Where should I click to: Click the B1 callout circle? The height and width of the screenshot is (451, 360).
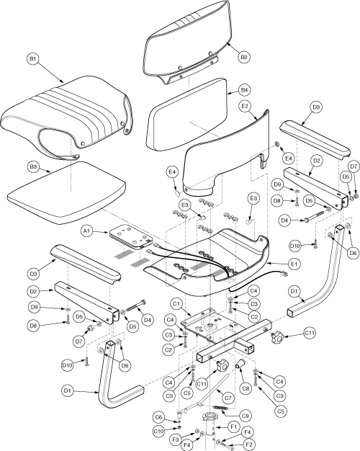(33, 59)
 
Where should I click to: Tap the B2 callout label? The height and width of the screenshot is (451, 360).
(244, 57)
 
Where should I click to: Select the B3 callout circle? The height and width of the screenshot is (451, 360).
(34, 167)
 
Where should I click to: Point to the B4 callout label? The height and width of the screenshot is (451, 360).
(244, 90)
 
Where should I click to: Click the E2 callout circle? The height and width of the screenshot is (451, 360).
(245, 106)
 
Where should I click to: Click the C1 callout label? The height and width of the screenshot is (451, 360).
(176, 304)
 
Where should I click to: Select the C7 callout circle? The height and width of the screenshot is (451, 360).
(228, 398)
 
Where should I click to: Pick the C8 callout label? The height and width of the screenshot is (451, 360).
(246, 388)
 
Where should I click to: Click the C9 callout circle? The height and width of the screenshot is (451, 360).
(246, 416)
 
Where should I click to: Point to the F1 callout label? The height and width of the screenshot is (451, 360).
(233, 427)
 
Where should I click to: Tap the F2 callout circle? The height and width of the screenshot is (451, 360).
(249, 445)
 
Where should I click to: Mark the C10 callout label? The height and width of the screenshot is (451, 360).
(158, 431)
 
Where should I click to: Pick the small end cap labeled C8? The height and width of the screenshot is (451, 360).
(240, 363)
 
